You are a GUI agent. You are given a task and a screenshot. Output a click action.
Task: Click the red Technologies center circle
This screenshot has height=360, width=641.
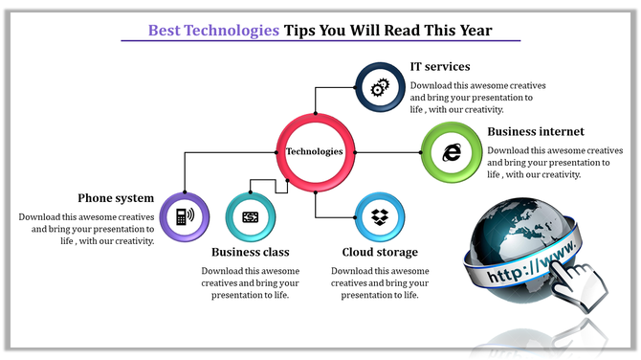315,151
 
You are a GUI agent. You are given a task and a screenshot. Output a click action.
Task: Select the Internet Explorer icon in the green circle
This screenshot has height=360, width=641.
451,151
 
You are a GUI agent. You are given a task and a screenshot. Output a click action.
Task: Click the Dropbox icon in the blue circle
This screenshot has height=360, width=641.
380,217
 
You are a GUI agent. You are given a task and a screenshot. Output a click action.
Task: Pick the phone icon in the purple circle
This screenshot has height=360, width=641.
183,216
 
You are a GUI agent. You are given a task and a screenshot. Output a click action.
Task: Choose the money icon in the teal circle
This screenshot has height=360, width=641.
251,217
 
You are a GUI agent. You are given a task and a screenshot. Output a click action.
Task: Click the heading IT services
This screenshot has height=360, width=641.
440,67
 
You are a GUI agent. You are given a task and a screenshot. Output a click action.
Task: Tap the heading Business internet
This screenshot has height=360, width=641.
536,131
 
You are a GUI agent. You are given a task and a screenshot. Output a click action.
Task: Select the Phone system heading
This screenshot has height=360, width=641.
116,198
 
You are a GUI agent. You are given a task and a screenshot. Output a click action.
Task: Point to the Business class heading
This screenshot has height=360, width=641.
250,253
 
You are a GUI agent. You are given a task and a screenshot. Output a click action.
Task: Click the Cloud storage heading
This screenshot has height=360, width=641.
380,253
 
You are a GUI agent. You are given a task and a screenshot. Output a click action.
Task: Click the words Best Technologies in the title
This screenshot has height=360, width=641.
213,31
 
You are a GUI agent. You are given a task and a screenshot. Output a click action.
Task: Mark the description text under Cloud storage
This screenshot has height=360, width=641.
380,282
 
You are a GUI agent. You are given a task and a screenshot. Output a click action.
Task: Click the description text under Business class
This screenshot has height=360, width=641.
250,282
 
